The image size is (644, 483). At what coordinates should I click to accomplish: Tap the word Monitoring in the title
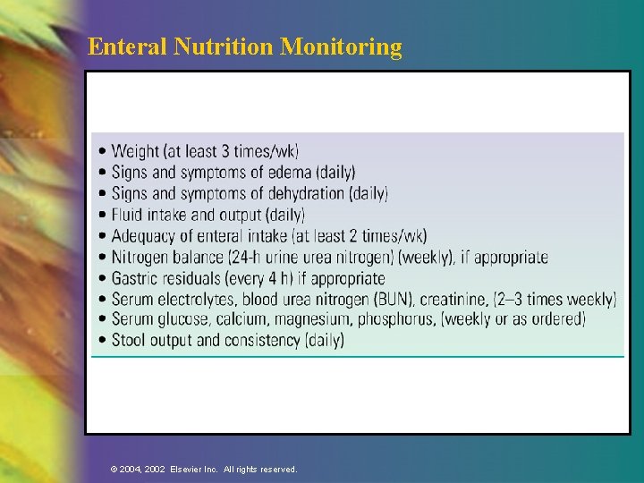[x=341, y=47]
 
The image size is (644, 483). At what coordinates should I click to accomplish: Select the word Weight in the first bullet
[x=135, y=151]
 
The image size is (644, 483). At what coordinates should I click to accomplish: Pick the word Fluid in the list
[x=129, y=215]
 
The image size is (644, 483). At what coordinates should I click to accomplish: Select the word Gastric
[x=136, y=279]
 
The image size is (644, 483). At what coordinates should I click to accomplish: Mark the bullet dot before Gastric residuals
[x=104, y=280]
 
